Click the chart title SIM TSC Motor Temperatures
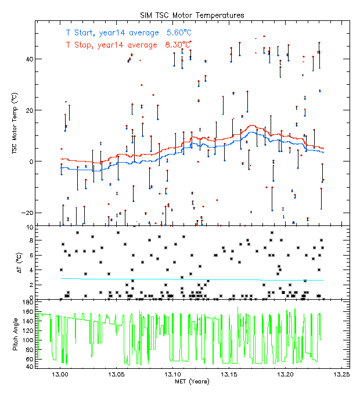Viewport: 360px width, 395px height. pyautogui.click(x=193, y=15)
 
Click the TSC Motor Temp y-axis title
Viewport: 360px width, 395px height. pyautogui.click(x=13, y=122)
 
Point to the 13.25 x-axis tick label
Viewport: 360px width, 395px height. pyautogui.click(x=341, y=375)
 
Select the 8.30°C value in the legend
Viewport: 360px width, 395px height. pyautogui.click(x=178, y=44)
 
